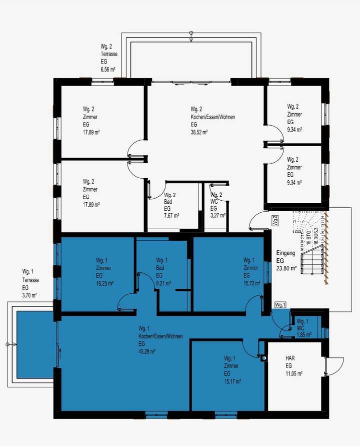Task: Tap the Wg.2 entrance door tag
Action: tap(275, 220)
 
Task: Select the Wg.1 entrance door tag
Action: tap(279, 305)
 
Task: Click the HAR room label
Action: tap(290, 359)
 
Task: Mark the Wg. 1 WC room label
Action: tap(303, 324)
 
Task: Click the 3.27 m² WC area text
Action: tap(218, 215)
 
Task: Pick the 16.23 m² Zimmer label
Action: tap(104, 283)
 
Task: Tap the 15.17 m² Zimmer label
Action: tap(232, 381)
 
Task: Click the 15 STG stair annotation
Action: tap(308, 237)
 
